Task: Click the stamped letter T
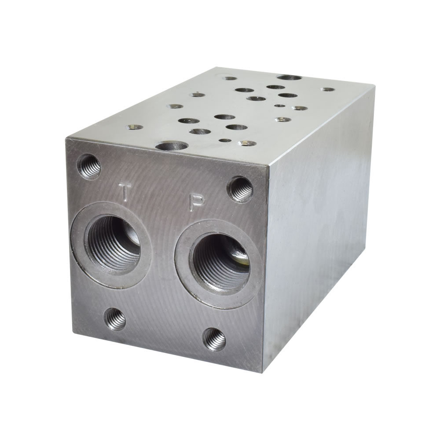coord(124,191)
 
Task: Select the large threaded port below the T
coord(111,240)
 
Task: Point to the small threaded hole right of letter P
coord(240,188)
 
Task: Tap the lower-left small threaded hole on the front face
coord(115,319)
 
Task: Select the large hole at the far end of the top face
coord(289,77)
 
